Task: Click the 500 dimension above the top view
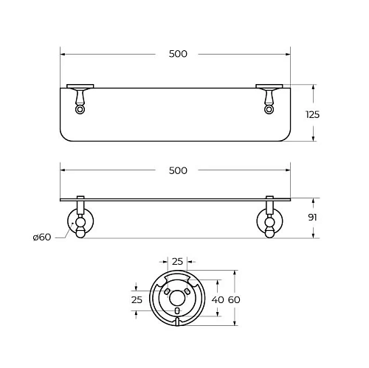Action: coord(178,54)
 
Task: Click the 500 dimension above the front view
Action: coord(178,170)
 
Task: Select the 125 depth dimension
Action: coord(312,114)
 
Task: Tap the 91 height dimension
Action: coord(312,218)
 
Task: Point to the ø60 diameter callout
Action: coord(42,237)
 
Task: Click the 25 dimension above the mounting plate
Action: coord(177,262)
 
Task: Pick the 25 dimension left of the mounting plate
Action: coord(137,300)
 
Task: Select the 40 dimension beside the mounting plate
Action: coord(218,300)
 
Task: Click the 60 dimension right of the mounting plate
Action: coord(234,300)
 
